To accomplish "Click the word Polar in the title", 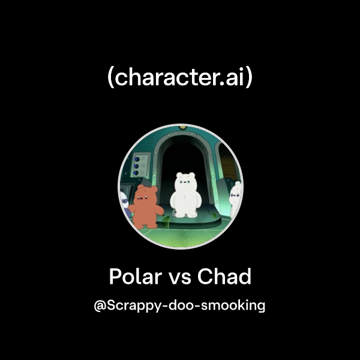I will pyautogui.click(x=136, y=277).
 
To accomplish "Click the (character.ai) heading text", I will pyautogui.click(x=180, y=78).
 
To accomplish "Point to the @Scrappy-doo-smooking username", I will pyautogui.click(x=180, y=305).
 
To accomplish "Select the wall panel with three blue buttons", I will pyautogui.click(x=142, y=166).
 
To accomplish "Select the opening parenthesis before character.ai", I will pyautogui.click(x=110, y=79).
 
